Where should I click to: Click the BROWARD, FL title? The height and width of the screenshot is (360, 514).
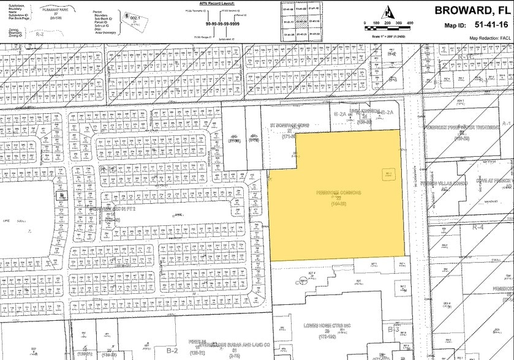[x=473, y=10]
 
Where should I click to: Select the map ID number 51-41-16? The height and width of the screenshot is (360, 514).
[x=487, y=26]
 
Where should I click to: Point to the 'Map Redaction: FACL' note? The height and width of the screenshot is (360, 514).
[x=489, y=37]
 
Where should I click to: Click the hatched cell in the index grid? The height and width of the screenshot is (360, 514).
[x=300, y=20]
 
